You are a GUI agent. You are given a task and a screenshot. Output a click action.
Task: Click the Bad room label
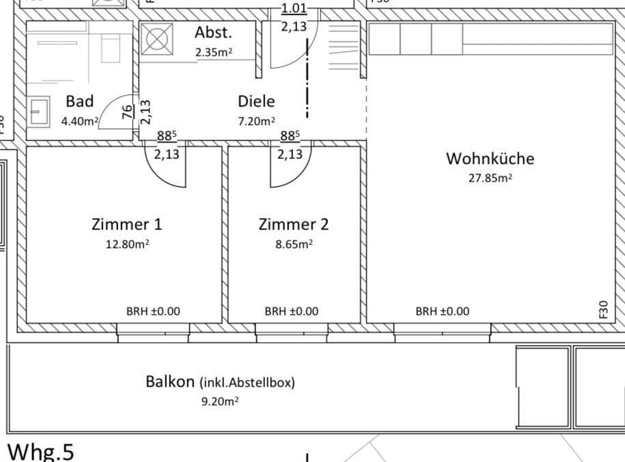(79, 101)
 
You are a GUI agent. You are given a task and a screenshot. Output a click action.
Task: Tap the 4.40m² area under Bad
(80, 121)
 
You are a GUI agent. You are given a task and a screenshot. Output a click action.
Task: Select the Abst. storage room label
(213, 32)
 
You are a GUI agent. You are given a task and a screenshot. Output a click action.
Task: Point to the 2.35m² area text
(213, 52)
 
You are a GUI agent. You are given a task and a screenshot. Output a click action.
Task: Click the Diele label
(256, 101)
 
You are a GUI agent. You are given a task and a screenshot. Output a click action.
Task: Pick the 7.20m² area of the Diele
(256, 121)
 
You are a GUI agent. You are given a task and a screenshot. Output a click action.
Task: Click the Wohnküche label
(490, 159)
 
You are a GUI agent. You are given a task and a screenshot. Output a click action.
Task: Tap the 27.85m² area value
(490, 178)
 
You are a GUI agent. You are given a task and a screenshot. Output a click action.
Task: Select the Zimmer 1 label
(126, 223)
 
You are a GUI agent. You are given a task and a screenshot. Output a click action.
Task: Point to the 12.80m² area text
(126, 243)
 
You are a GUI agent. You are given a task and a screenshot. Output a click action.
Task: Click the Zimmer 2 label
(288, 223)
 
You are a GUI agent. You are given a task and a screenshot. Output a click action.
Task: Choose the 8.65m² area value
(288, 243)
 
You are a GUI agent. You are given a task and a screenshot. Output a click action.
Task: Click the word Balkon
(170, 381)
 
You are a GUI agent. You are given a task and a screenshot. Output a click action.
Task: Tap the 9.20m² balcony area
(219, 402)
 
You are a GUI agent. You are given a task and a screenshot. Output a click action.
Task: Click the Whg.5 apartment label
(40, 451)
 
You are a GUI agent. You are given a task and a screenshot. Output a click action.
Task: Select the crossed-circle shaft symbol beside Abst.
(156, 40)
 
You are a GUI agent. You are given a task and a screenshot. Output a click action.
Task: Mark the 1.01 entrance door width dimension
(294, 9)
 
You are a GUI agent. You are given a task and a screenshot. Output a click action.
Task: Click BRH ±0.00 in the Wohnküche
(443, 311)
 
